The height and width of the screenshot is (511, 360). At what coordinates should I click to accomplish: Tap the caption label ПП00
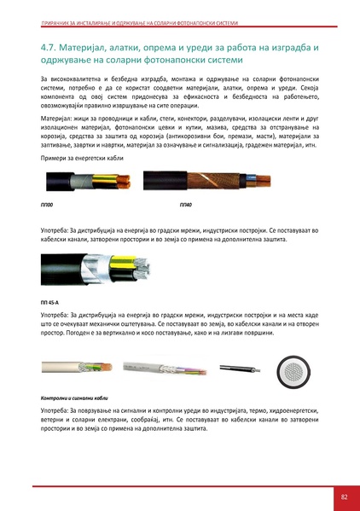point(47,206)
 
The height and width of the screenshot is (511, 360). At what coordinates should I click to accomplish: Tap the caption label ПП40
point(186,206)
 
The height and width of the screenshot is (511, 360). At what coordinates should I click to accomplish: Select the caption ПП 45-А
point(51,302)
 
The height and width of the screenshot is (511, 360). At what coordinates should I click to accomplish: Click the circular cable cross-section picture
point(296,372)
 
